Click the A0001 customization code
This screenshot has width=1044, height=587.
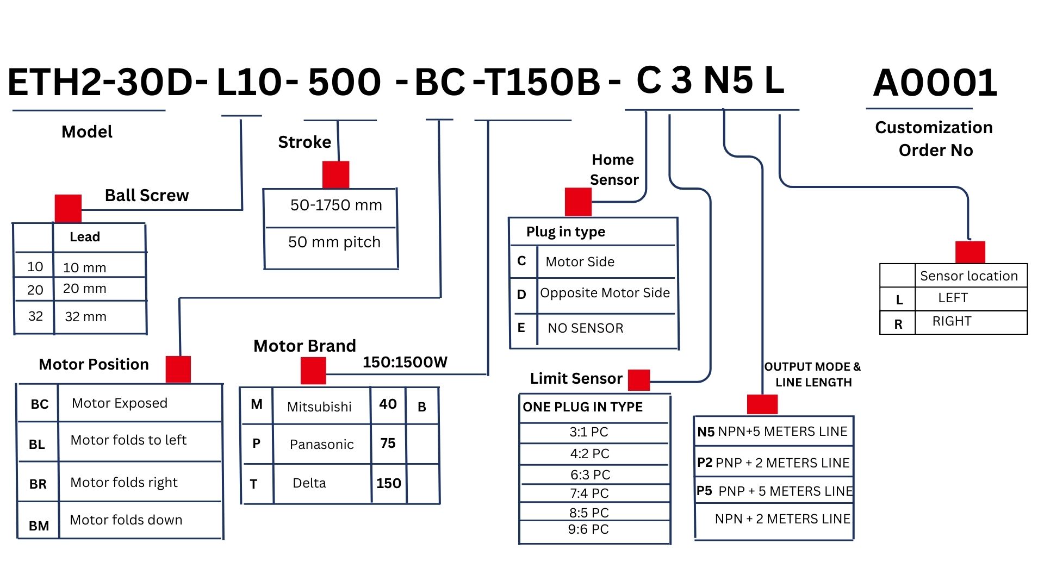[935, 83]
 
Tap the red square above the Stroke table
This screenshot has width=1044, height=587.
[335, 174]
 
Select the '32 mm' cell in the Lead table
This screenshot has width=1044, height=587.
[85, 317]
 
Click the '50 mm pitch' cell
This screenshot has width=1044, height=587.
[334, 242]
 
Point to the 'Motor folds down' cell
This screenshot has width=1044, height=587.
[126, 520]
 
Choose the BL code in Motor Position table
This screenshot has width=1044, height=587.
[37, 445]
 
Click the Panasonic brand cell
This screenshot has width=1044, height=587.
[321, 445]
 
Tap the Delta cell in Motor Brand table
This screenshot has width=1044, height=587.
[309, 483]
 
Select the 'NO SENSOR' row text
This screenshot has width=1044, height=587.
[585, 328]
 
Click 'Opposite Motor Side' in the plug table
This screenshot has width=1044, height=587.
[605, 293]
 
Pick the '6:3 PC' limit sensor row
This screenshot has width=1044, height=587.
[590, 475]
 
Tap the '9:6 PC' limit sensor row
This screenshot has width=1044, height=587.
[588, 529]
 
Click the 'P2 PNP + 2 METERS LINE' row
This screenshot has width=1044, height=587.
[773, 463]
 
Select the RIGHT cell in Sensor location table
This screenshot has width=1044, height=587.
[952, 321]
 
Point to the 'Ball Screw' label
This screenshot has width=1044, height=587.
[147, 195]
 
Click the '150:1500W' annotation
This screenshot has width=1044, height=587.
[405, 362]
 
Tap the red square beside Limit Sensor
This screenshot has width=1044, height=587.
[639, 379]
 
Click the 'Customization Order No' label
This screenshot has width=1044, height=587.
[934, 139]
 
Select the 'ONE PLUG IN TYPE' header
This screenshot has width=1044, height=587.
[582, 407]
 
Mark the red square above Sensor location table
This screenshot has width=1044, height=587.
[970, 252]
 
